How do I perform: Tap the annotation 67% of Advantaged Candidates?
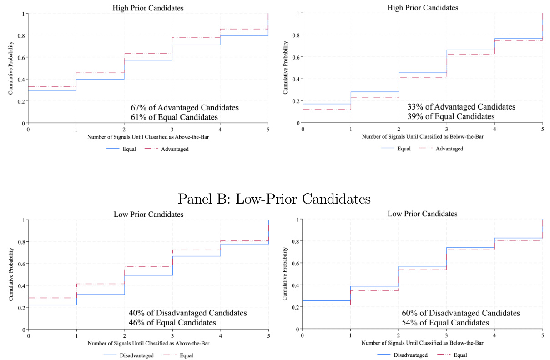(184, 108)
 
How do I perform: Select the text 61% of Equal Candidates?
(174, 117)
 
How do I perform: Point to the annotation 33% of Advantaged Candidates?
(461, 107)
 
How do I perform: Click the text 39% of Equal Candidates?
(451, 116)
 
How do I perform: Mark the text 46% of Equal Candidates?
(172, 323)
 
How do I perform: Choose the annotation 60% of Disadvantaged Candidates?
(461, 313)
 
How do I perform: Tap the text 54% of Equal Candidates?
(445, 323)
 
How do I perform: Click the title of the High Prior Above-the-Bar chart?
(149, 8)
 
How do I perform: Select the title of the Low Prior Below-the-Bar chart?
(423, 214)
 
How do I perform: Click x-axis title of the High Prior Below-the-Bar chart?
(423, 136)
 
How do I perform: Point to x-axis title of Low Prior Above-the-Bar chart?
(148, 343)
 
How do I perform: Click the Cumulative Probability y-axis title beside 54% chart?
(285, 275)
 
